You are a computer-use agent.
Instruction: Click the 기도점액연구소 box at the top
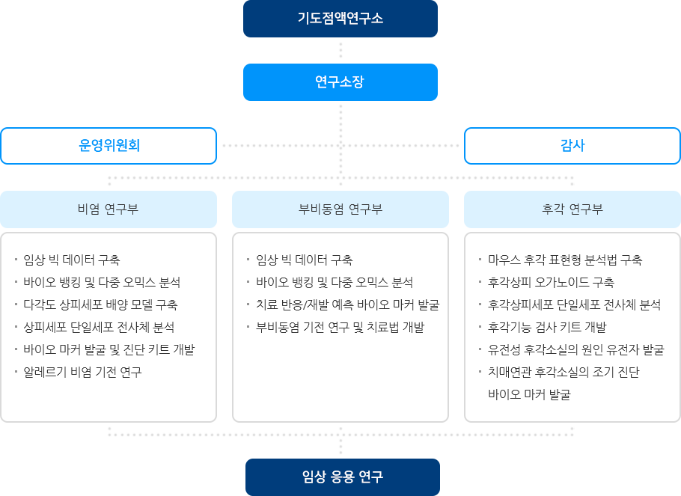click(x=340, y=19)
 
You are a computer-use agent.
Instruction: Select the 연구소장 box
click(x=340, y=82)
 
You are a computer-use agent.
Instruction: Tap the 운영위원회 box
click(x=109, y=146)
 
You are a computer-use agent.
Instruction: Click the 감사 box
click(x=572, y=146)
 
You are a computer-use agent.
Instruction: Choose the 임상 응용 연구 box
click(x=342, y=477)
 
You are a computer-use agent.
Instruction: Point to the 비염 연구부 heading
click(x=108, y=209)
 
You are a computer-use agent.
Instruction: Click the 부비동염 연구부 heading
click(x=340, y=209)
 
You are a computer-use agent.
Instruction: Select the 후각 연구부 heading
click(x=572, y=209)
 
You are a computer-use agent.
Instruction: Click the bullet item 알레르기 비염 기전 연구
click(x=82, y=372)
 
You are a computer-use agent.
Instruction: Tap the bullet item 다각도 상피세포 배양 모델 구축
click(x=100, y=304)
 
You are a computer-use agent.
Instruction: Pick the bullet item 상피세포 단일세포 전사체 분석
click(x=99, y=327)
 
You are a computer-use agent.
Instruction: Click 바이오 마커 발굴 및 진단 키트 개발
click(x=109, y=349)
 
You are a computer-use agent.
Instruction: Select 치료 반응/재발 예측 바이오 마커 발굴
click(x=347, y=304)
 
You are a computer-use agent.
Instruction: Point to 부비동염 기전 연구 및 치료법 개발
click(x=340, y=327)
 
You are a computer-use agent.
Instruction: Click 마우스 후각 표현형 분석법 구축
click(x=564, y=260)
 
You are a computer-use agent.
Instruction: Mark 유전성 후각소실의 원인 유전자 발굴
click(x=575, y=349)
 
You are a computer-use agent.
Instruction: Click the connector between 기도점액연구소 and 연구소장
click(x=340, y=50)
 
